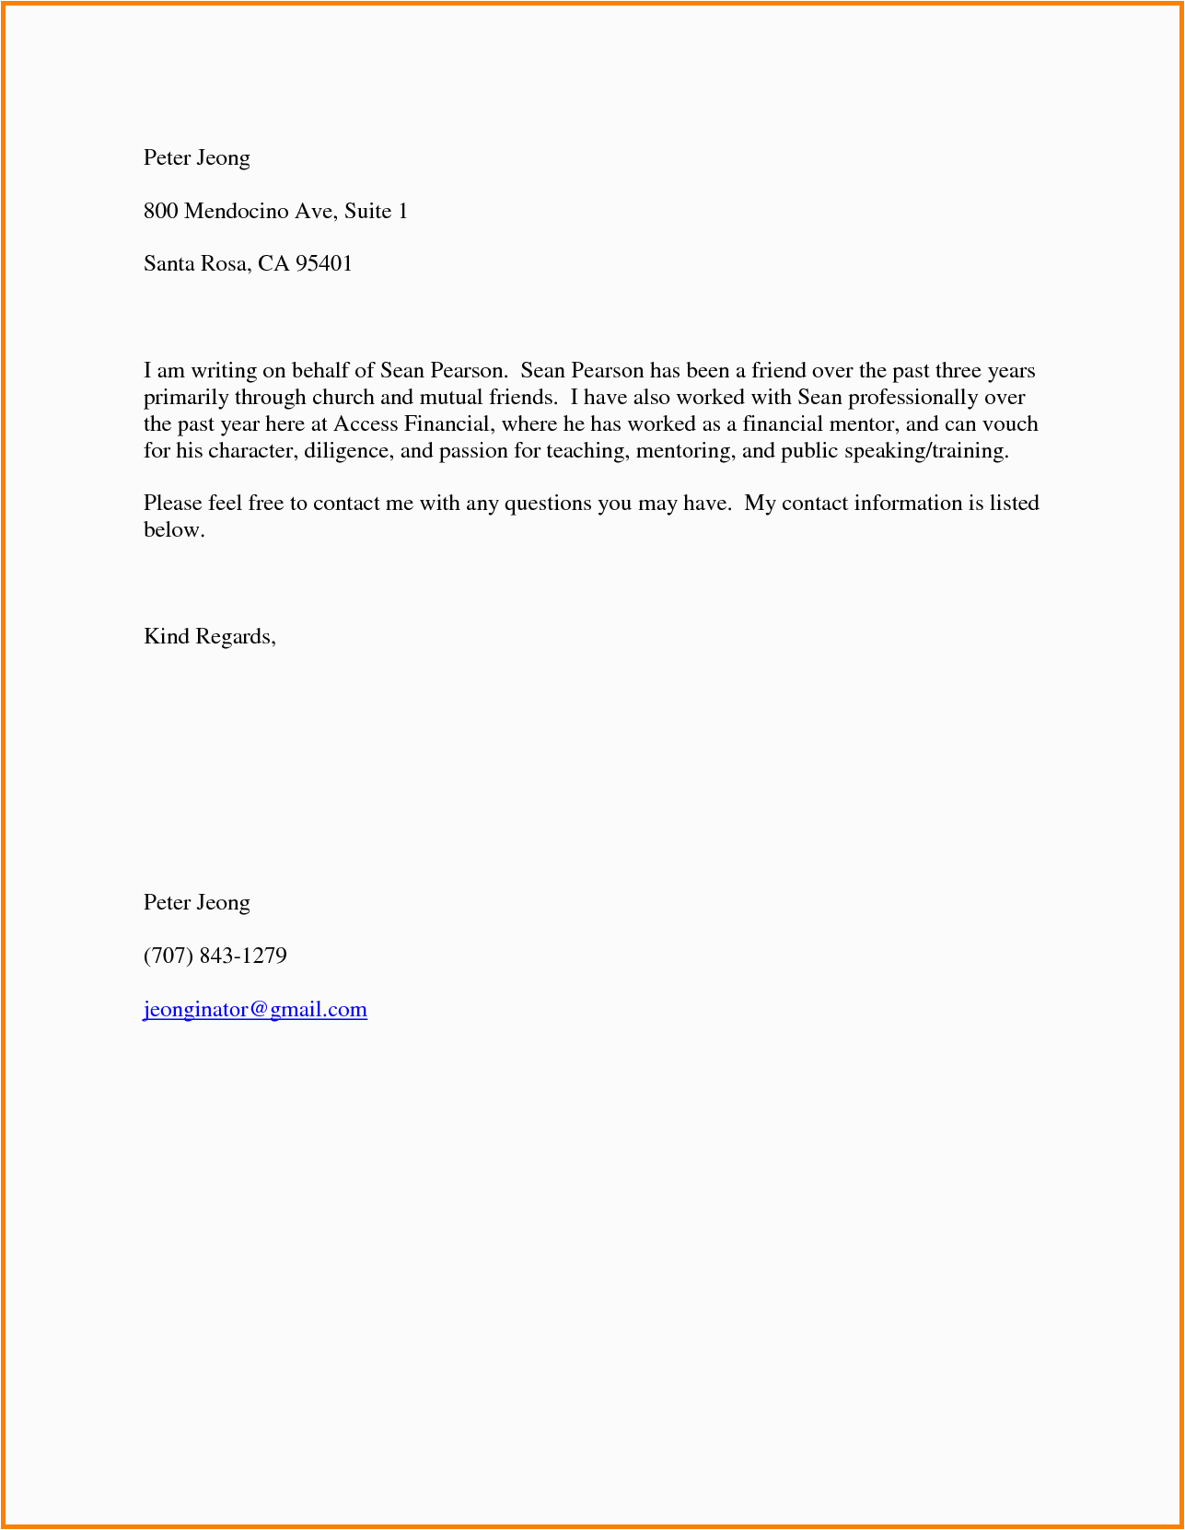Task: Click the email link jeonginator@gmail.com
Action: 255,1009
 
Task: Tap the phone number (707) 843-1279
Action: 215,956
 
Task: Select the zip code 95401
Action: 324,264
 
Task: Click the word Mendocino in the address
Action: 236,211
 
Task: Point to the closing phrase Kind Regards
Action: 209,636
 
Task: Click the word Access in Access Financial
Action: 366,423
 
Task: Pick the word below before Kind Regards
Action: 173,529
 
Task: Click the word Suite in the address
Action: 367,211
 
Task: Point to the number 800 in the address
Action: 160,211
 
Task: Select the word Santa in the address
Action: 168,264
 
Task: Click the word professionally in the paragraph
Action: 912,397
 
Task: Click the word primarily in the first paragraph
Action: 185,397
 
